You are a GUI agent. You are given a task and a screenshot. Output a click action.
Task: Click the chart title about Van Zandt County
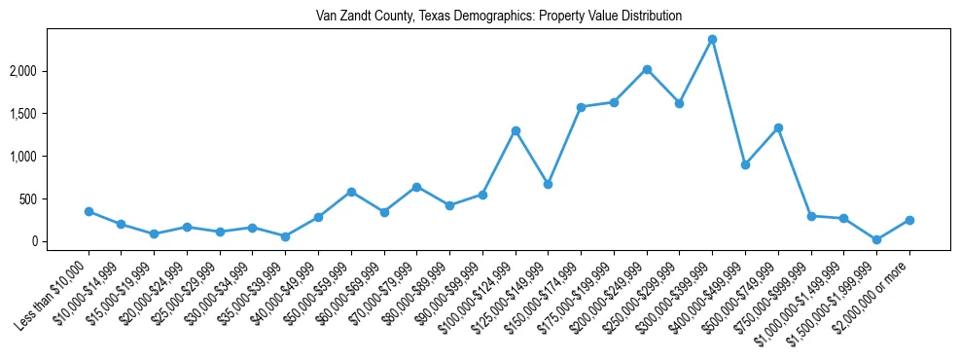(499, 17)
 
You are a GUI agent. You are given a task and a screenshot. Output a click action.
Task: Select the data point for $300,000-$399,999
(712, 39)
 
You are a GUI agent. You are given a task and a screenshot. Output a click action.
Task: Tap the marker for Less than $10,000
(89, 211)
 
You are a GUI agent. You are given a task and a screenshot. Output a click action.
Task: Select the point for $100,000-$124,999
(516, 130)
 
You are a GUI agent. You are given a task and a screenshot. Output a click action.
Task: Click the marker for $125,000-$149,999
(548, 184)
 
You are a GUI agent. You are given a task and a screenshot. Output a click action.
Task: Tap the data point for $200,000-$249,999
(647, 69)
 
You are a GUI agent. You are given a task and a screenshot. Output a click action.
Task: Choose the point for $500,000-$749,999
(778, 127)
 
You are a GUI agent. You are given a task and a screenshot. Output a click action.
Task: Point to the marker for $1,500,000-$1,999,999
(876, 239)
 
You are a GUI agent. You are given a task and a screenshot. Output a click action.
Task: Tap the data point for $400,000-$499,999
(745, 164)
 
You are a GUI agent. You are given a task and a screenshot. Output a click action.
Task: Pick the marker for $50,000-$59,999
(351, 192)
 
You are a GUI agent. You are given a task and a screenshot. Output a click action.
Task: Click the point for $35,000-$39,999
(285, 236)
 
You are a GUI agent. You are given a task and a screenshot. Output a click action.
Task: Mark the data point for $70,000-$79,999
(416, 187)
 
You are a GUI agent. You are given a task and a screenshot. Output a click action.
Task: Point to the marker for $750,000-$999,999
(810, 216)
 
